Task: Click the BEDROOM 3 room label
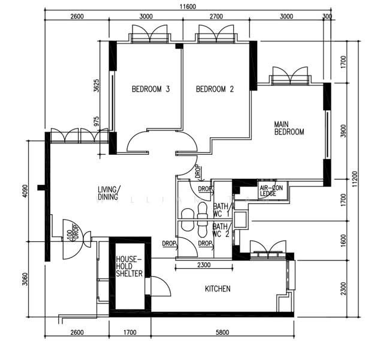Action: tap(150, 89)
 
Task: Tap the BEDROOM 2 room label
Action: tap(215, 89)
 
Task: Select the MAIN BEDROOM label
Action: tap(289, 128)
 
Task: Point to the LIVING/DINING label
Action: tap(109, 193)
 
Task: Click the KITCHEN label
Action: tap(218, 289)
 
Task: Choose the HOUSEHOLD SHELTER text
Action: tap(129, 266)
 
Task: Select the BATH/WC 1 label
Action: tap(221, 210)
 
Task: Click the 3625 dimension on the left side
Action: tap(96, 86)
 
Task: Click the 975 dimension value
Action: tap(97, 121)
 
